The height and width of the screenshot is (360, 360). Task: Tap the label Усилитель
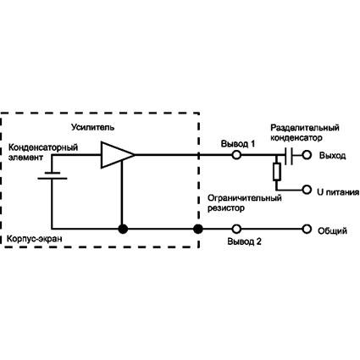(x=93, y=127)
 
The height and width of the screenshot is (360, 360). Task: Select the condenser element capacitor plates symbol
(x=53, y=175)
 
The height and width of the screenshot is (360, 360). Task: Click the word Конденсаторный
(x=43, y=147)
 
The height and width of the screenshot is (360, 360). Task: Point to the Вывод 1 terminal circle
(x=236, y=155)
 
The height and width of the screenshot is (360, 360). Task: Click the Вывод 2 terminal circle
(x=236, y=229)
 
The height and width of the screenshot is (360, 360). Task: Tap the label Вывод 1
(x=238, y=144)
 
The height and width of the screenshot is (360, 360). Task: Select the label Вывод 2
(x=244, y=241)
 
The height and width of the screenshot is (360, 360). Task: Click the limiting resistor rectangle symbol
(x=277, y=172)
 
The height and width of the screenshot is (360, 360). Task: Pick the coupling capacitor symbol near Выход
(x=289, y=155)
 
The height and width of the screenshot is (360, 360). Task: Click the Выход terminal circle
(x=307, y=155)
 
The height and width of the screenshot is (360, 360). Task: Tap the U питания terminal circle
(x=307, y=190)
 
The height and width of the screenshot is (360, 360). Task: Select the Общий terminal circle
(x=307, y=229)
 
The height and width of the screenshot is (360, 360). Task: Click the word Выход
(x=332, y=156)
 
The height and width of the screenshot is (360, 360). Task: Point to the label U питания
(x=338, y=192)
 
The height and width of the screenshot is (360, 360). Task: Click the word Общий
(x=332, y=231)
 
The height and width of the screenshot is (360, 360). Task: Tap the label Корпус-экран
(x=34, y=239)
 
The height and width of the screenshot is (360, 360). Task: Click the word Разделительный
(x=305, y=128)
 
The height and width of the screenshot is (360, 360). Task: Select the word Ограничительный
(x=245, y=198)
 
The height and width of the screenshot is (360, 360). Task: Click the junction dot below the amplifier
(x=123, y=229)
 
